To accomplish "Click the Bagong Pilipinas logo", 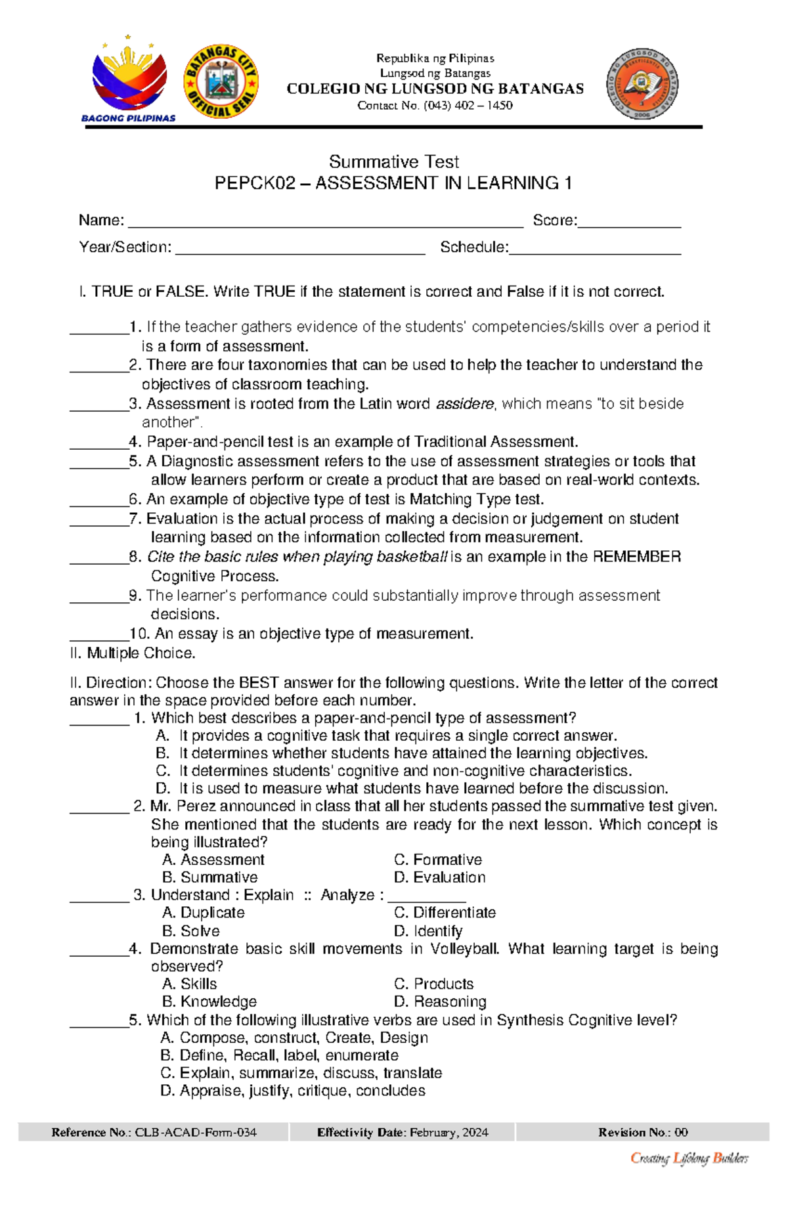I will click(129, 79).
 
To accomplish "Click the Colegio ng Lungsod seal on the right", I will click(642, 83).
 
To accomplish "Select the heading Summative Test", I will click(393, 162).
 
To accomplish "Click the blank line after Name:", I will click(325, 223).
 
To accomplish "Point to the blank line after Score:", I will click(629, 223).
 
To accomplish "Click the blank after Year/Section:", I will click(300, 250).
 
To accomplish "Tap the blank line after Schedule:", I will click(595, 250).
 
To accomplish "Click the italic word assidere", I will click(465, 404).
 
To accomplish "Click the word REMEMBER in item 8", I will click(636, 557).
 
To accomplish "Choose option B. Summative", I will click(210, 877).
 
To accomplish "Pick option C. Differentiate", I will click(445, 913).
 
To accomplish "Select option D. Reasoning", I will click(440, 1001).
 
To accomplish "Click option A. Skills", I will click(190, 984).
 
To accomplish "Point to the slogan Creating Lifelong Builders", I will click(689, 1158).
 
